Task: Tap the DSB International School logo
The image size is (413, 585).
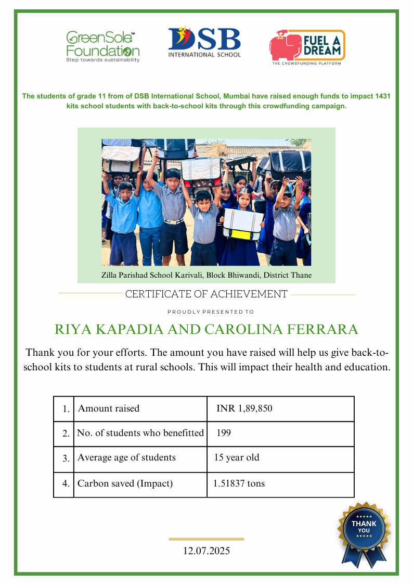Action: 204,43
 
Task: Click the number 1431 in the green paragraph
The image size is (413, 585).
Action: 382,96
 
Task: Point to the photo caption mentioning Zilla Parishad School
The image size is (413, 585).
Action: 206,275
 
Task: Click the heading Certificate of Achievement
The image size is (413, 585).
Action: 206,294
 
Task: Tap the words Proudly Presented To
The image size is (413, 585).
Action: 211,312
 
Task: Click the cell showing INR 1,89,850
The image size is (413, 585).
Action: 244,409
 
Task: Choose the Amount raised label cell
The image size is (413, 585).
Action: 109,409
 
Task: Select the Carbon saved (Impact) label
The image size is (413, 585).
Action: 125,484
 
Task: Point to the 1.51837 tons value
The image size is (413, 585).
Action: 239,484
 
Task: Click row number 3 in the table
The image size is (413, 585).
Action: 66,459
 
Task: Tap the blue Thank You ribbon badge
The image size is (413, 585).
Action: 364,531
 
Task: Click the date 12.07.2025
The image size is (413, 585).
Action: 206,551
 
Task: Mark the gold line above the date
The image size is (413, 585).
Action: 206,539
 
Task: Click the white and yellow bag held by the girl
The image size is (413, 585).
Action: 243,225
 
